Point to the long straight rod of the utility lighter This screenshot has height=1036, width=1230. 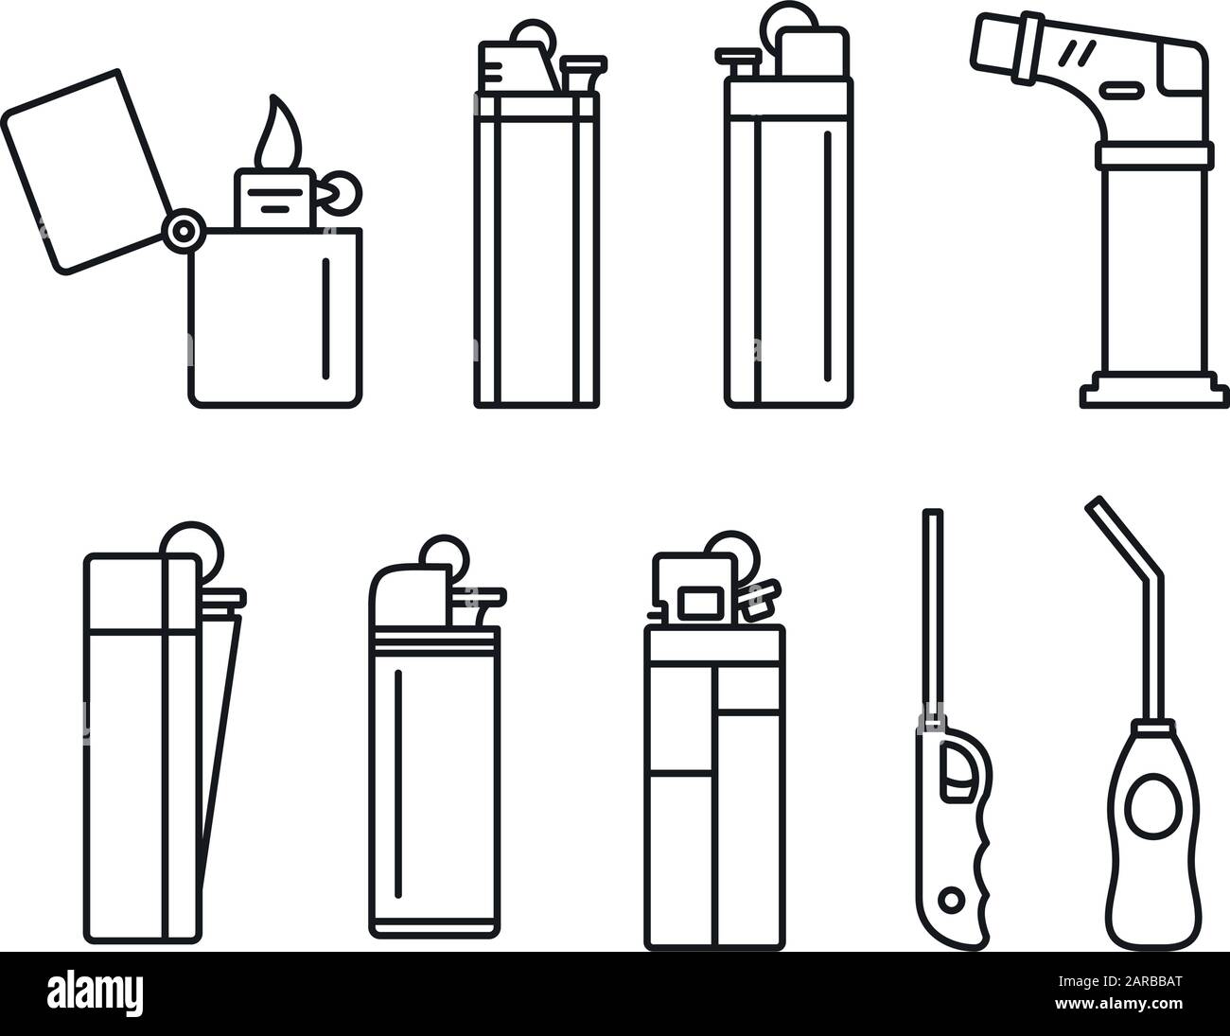coord(934,615)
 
